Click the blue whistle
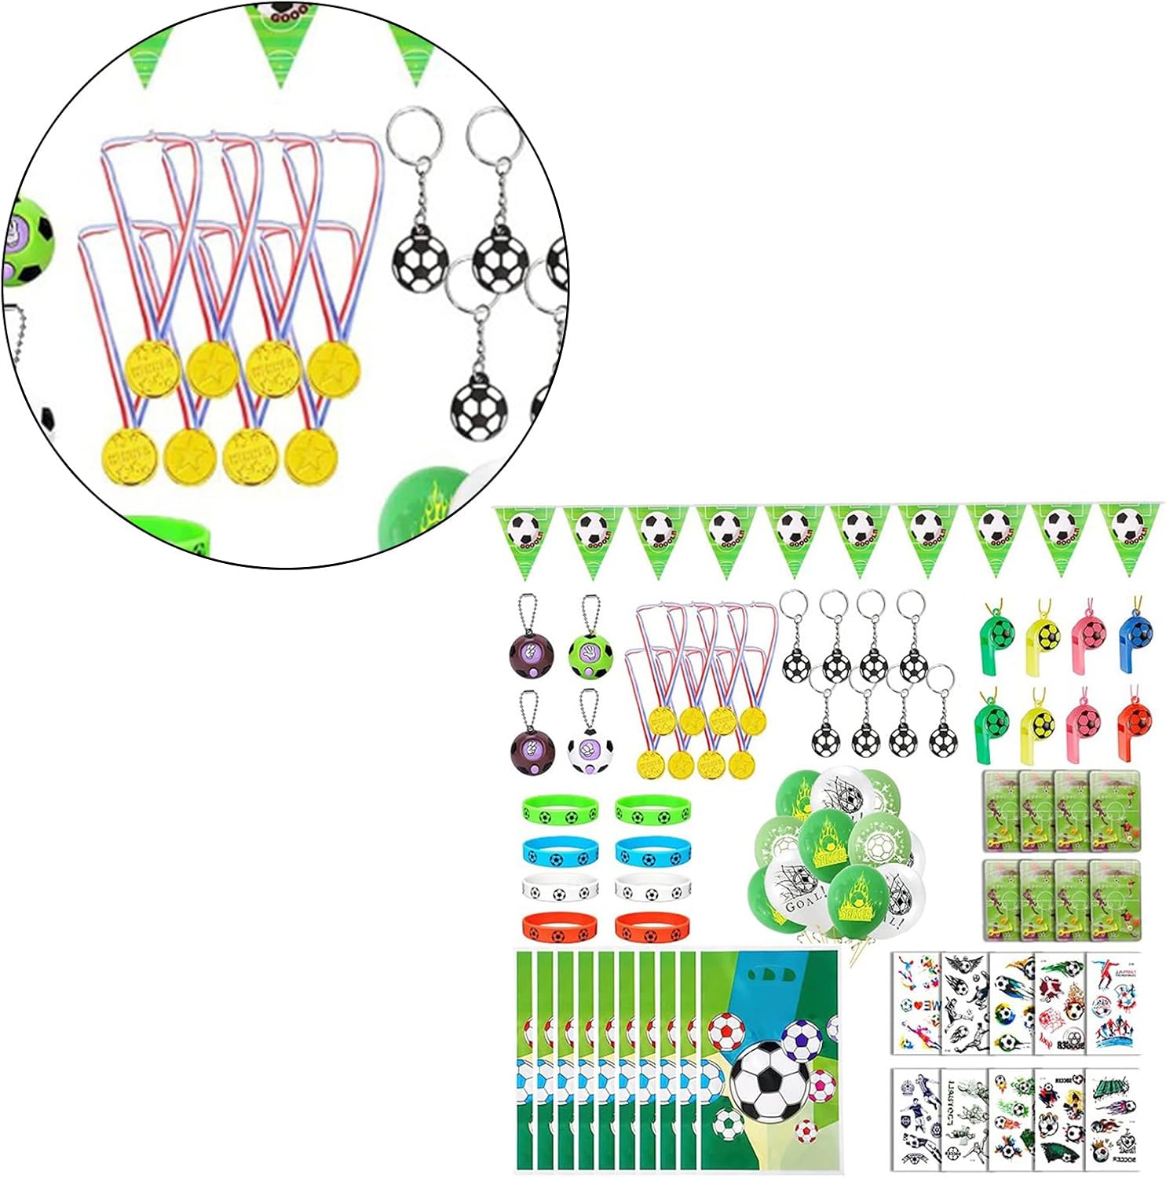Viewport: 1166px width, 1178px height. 1137,635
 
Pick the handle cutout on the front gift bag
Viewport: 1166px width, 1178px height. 768,974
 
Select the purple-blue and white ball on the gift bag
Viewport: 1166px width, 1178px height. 802,1040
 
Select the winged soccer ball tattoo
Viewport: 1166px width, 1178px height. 963,965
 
